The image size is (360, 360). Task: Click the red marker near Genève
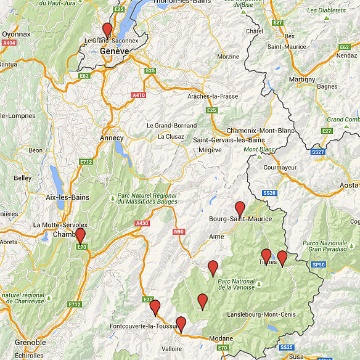pyautogui.click(x=107, y=30)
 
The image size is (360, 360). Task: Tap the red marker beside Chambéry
pyautogui.click(x=80, y=235)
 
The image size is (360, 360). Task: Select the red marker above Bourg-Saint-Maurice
pyautogui.click(x=240, y=208)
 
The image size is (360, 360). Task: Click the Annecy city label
pyautogui.click(x=112, y=137)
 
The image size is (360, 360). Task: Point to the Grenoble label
pyautogui.click(x=31, y=342)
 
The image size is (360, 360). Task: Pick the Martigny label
pyautogui.click(x=302, y=80)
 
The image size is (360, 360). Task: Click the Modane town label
pyautogui.click(x=221, y=338)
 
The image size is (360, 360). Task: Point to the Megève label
pyautogui.click(x=210, y=149)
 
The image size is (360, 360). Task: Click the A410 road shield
pyautogui.click(x=139, y=95)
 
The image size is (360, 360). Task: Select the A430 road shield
pyautogui.click(x=142, y=223)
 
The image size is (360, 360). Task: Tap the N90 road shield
pyautogui.click(x=178, y=232)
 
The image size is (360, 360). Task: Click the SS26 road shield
pyautogui.click(x=270, y=193)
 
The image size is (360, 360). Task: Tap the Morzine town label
pyautogui.click(x=228, y=56)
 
